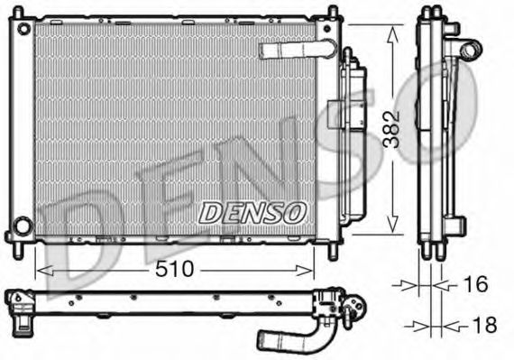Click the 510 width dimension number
coord(173,270)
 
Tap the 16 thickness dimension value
coord(474,284)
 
